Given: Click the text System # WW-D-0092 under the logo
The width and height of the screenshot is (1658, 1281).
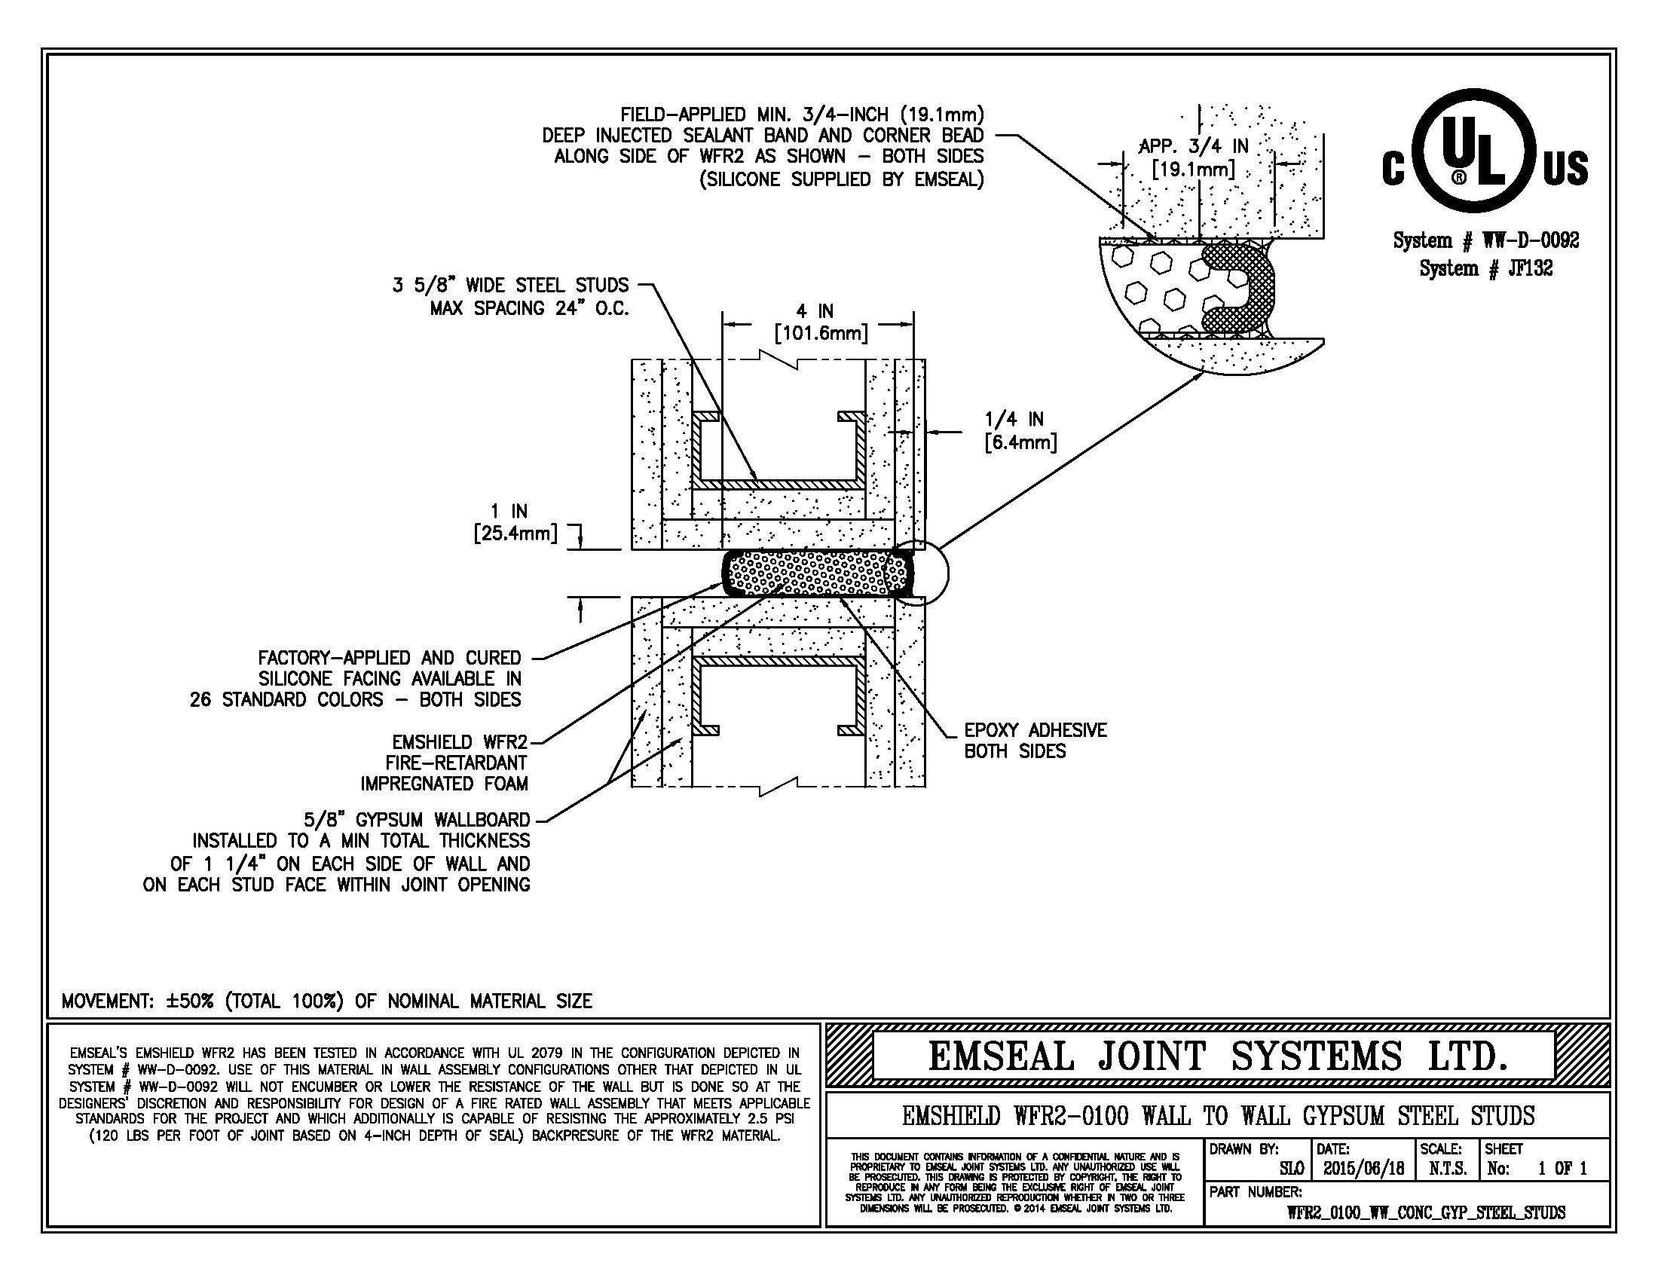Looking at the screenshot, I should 1485,240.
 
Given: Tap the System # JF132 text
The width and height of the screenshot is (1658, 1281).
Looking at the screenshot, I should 1485,268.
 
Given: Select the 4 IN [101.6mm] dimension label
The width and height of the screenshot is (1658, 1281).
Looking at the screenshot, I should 819,322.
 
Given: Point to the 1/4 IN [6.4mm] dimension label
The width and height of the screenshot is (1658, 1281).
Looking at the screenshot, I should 1020,430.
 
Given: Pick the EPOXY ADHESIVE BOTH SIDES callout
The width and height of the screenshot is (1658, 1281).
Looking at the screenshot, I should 1034,740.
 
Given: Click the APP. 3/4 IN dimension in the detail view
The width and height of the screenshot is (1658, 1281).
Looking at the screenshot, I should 1194,157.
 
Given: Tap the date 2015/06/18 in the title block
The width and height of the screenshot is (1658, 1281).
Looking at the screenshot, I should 1363,1168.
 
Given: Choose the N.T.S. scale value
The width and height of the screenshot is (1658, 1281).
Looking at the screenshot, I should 1448,1168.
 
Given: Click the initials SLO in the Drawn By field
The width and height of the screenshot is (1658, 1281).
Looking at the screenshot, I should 1291,1169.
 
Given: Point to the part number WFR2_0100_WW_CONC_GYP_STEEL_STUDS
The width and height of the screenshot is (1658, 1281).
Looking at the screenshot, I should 1425,1212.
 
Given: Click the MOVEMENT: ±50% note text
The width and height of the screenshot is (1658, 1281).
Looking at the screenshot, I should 326,1001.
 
